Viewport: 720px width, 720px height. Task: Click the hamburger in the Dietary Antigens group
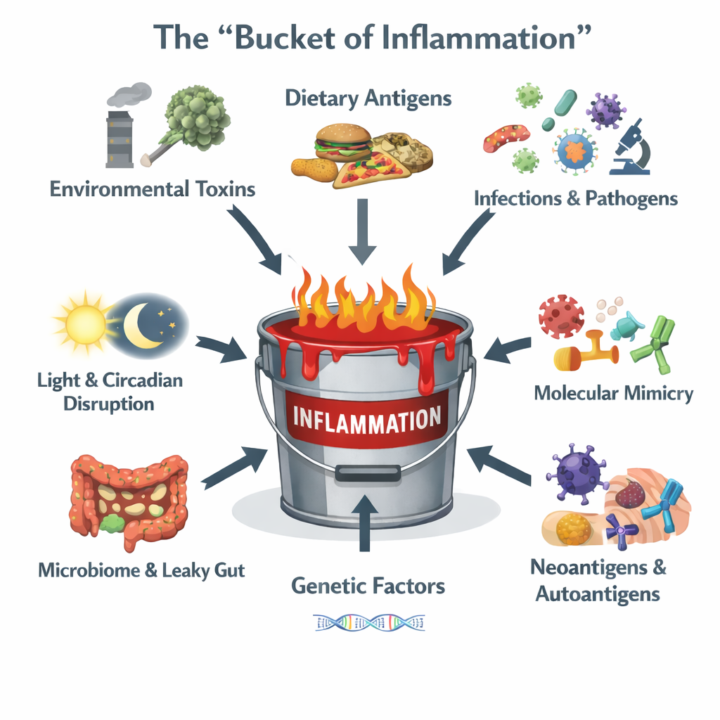click(x=343, y=143)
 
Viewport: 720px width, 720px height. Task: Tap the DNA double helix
click(x=369, y=622)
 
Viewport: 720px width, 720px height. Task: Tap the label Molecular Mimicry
click(x=613, y=392)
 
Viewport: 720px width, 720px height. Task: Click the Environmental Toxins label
click(x=153, y=188)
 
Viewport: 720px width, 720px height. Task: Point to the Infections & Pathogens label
click(x=575, y=198)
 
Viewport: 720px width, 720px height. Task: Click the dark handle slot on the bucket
click(x=368, y=473)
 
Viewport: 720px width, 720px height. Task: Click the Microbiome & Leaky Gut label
click(x=141, y=570)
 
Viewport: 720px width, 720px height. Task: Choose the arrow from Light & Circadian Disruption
click(x=219, y=347)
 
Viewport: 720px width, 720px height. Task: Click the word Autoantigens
click(x=598, y=593)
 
